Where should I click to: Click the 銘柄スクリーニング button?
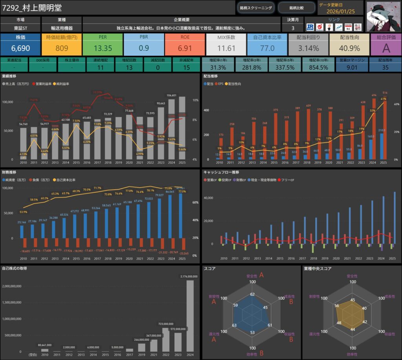[256, 7]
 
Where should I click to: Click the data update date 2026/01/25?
[340, 11]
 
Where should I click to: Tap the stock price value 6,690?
[20, 48]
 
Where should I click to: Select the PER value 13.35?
[102, 48]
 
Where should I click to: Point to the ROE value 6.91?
[185, 48]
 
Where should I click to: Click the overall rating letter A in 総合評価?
[386, 48]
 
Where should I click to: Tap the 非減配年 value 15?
[186, 68]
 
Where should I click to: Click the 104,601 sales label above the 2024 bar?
[171, 95]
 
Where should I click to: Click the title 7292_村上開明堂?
[32, 8]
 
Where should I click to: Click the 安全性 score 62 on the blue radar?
[252, 294]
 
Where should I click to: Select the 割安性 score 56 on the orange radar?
[336, 305]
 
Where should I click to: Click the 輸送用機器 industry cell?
[61, 28]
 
